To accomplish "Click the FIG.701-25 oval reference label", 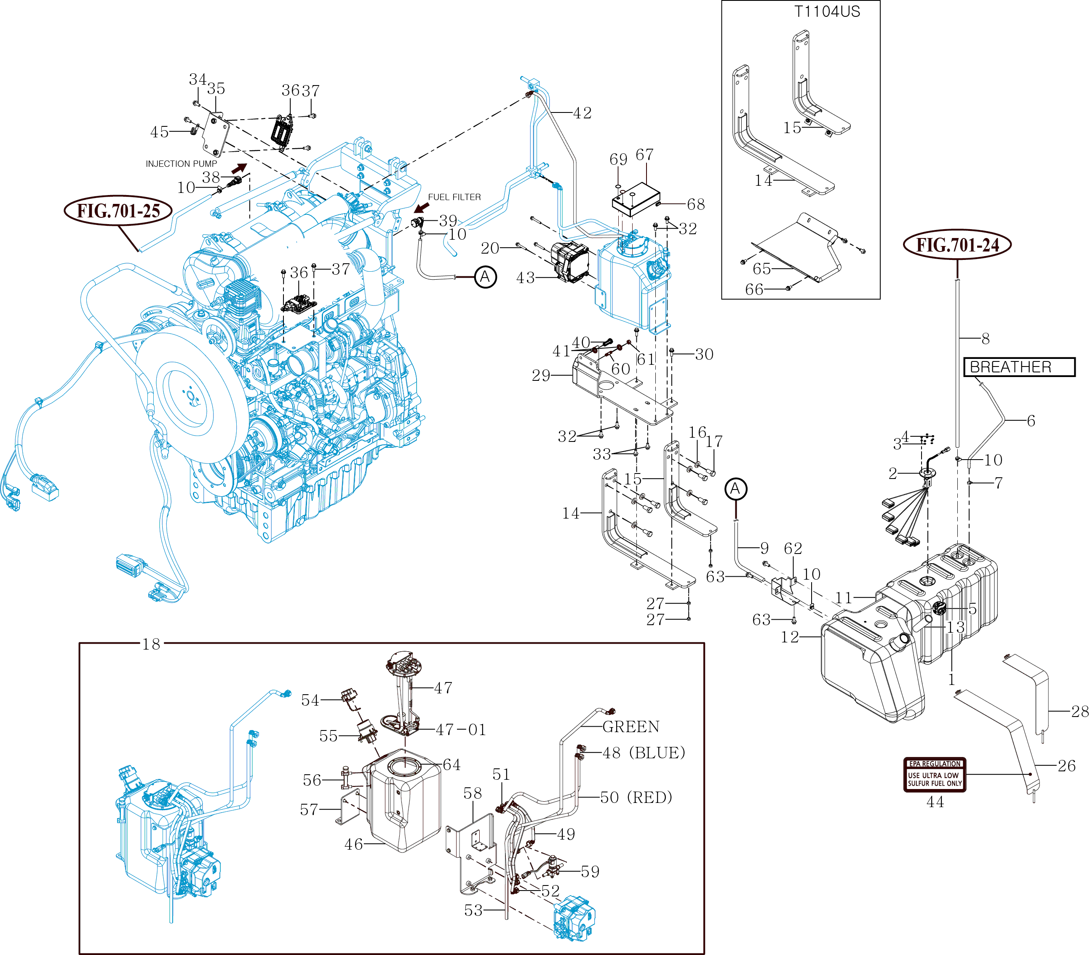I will (x=118, y=211).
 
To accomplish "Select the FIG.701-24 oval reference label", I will (x=957, y=245).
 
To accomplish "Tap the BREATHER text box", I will (x=1019, y=367).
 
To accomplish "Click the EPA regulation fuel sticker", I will (x=935, y=775).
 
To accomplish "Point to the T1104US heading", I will (x=827, y=12).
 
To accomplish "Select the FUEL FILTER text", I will (x=454, y=197).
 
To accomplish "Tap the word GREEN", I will (x=631, y=727).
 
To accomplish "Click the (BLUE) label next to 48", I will (x=657, y=753).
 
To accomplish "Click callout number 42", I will (x=582, y=113).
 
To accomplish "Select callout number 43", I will (x=525, y=278).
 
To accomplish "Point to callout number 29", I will (x=541, y=376).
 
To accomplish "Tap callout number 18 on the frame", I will (x=151, y=644).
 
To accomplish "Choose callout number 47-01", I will (x=461, y=730).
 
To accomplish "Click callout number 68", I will (x=696, y=204).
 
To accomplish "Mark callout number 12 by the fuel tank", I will (x=790, y=637).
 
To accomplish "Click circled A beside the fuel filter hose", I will (x=485, y=277).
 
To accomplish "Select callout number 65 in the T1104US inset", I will (x=762, y=269).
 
